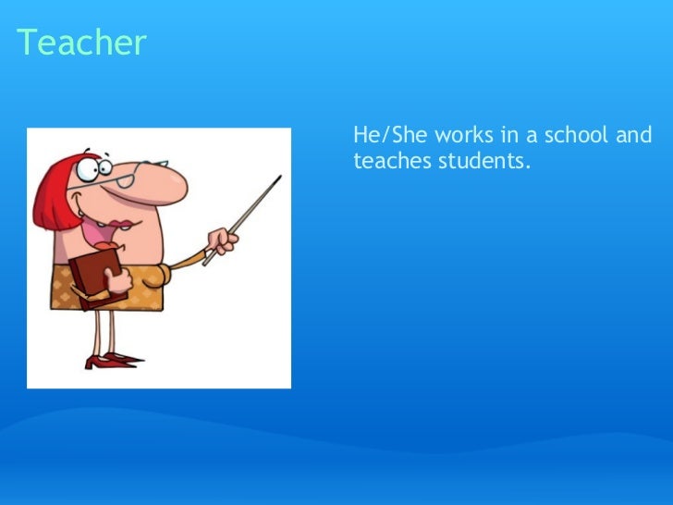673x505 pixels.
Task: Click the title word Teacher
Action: tap(81, 43)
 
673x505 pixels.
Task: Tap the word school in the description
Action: tap(577, 136)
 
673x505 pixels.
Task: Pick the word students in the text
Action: tap(481, 161)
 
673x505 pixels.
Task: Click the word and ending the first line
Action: tap(634, 136)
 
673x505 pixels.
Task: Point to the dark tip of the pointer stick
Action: tap(277, 178)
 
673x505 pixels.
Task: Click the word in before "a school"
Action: tap(512, 136)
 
